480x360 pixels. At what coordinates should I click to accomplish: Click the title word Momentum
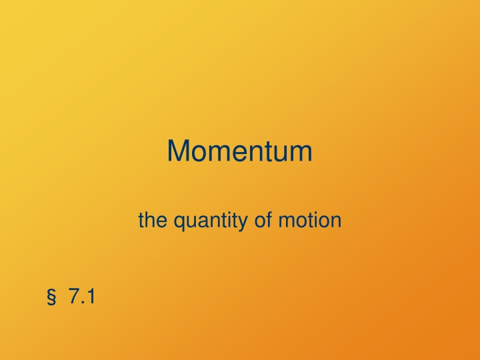pyautogui.click(x=239, y=151)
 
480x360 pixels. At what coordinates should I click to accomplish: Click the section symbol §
pyautogui.click(x=51, y=297)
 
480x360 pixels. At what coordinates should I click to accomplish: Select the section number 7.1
pyautogui.click(x=81, y=296)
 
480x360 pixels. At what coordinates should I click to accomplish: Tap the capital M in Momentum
pyautogui.click(x=178, y=151)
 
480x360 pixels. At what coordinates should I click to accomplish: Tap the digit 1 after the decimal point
pyautogui.click(x=90, y=296)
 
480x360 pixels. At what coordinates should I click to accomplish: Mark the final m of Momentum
pyautogui.click(x=300, y=153)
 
